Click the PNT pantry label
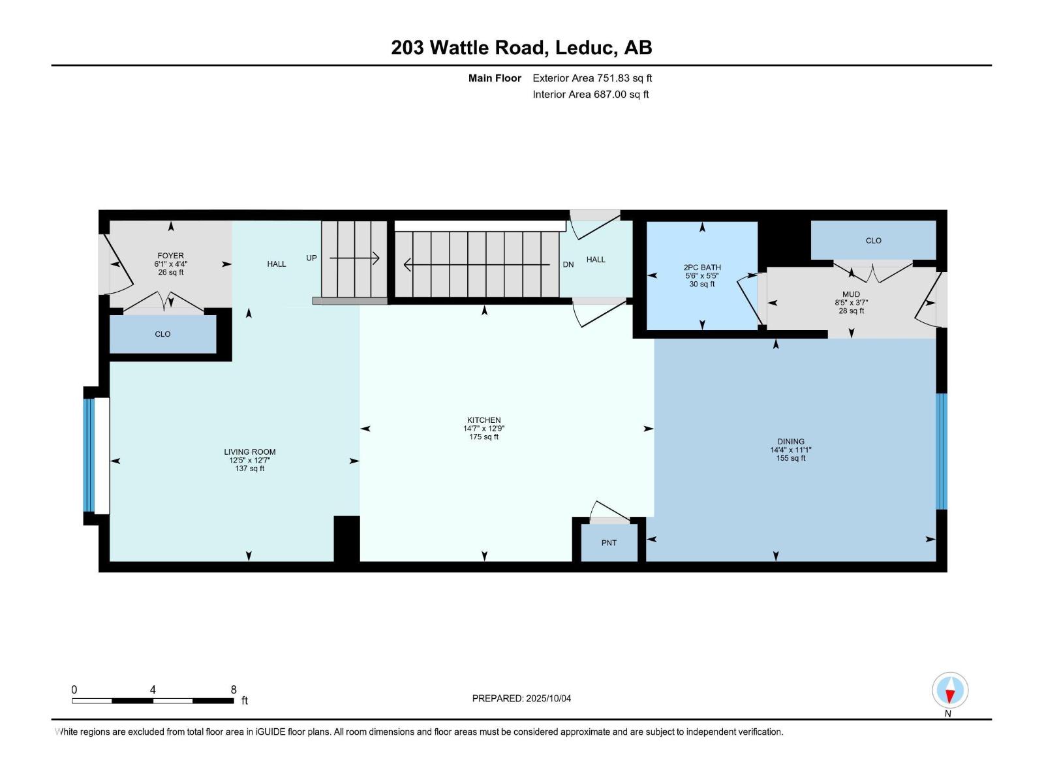609,543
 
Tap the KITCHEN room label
484,420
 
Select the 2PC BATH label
702,268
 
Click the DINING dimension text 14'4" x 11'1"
791,450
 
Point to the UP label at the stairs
311,258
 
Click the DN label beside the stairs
568,264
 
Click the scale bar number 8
234,690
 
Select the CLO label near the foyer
162,334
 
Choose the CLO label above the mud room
873,241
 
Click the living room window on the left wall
89,455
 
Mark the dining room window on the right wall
941,451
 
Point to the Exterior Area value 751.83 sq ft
624,78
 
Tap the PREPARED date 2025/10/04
548,698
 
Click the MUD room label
851,294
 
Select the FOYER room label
170,256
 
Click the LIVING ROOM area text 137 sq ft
250,468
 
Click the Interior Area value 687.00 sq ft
621,95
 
